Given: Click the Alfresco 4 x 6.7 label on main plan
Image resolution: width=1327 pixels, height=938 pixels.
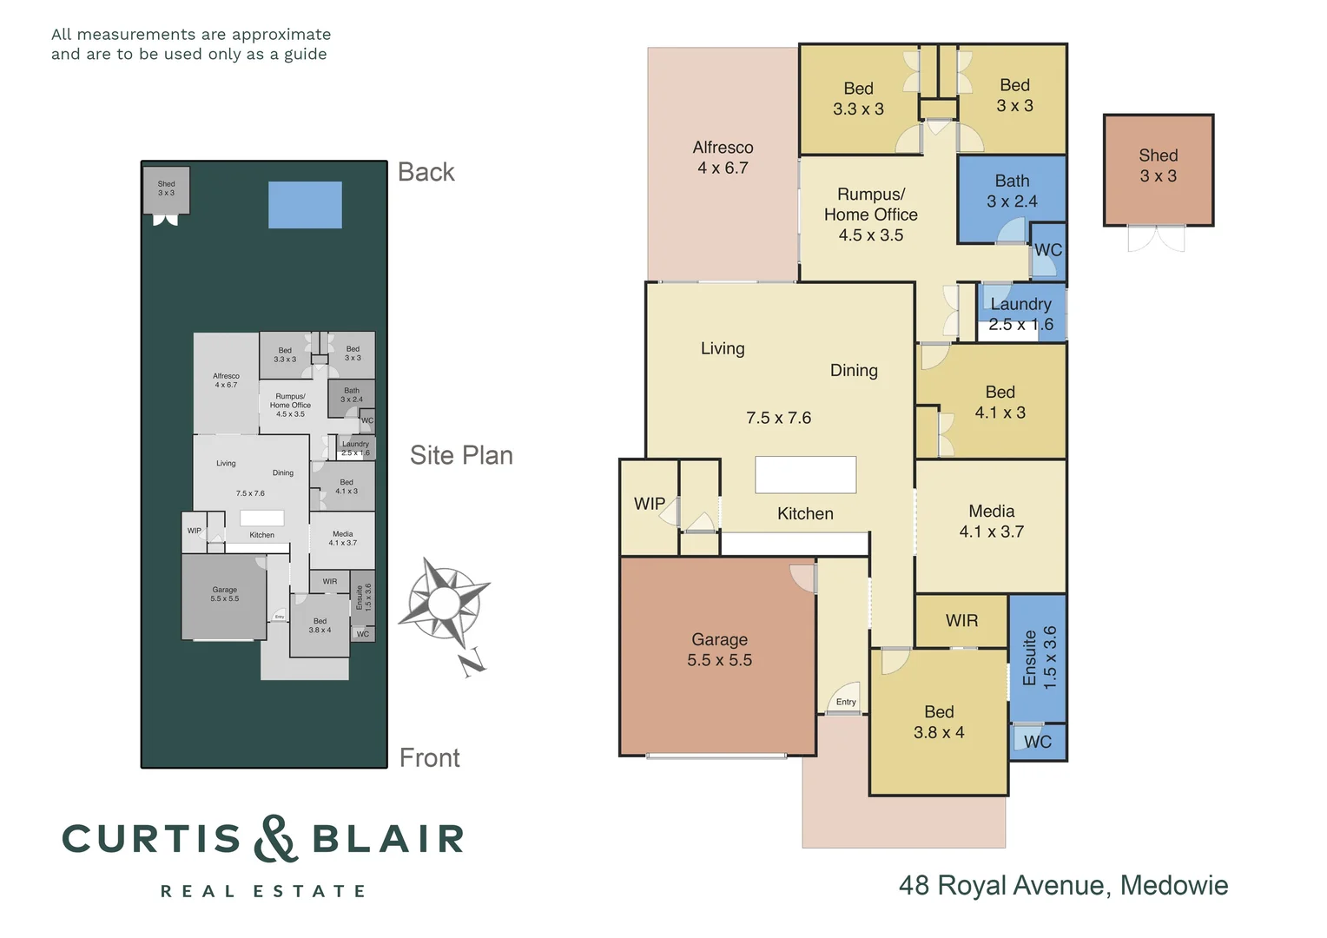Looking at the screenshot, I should pos(723,158).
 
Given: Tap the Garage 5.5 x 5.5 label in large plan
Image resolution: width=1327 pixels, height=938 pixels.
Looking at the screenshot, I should pos(719,650).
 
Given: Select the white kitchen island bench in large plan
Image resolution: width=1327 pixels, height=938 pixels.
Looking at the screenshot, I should pos(805,475).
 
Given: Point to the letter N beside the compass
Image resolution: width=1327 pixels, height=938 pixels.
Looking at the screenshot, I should pos(472,664).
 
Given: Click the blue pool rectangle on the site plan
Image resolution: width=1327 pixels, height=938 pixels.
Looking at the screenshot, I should pos(305,205).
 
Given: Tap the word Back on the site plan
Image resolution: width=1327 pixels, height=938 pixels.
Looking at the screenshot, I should pos(426,172).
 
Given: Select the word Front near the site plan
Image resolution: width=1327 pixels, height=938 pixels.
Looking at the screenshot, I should pos(429,758).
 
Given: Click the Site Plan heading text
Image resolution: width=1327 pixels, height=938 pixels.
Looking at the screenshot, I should pos(461,455).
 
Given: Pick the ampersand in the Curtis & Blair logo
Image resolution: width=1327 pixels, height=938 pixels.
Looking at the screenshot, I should pos(275,839).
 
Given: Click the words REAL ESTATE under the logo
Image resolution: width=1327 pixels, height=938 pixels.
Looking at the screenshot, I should pos(263,891).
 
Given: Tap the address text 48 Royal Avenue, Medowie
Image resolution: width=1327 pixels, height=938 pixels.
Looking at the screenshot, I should pos(1063,885).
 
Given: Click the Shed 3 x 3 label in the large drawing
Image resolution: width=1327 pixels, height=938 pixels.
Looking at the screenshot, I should pos(1158,166).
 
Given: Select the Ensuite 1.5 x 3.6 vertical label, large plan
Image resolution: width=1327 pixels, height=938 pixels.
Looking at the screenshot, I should pos(1040,657).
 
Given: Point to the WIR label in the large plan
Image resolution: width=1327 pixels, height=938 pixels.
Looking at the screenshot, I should pos(961,621).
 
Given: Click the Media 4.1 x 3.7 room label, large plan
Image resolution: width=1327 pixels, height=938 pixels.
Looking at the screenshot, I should pos(991,521).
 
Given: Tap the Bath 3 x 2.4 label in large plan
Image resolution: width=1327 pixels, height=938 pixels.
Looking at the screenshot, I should pos(1012,191).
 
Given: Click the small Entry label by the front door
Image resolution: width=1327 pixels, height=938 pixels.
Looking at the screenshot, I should pos(846,702).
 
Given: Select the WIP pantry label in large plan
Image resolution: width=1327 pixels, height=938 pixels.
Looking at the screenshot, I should pos(650,504).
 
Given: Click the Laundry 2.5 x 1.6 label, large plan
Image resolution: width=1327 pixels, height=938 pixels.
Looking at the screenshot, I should pos(1020,314).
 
